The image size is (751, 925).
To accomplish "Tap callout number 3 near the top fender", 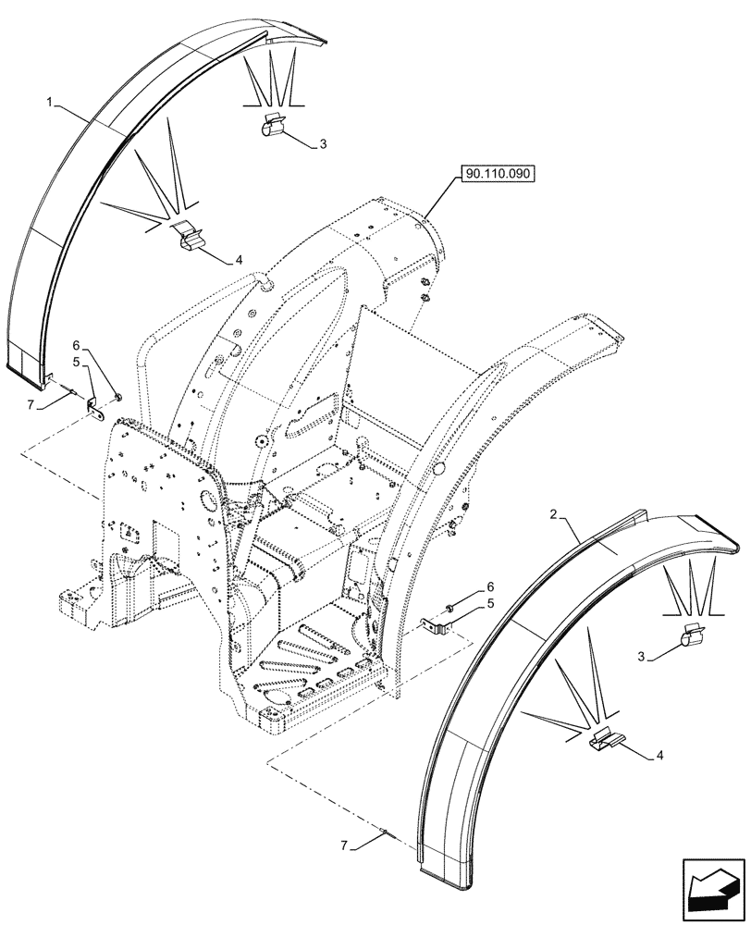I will [322, 144].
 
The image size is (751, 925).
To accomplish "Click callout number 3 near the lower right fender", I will [639, 657].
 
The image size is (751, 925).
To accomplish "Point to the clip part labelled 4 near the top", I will [189, 239].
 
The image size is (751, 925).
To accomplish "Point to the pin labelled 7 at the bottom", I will [389, 836].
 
